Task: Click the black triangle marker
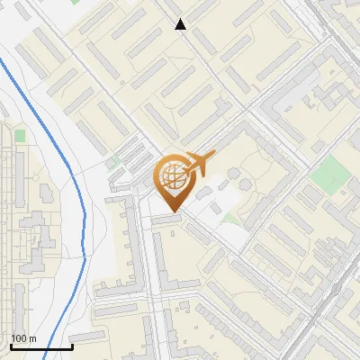181,24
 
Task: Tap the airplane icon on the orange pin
198,164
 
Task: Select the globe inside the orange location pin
171,178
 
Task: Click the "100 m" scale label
23,338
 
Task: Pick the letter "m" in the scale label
32,338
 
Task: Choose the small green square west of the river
19,136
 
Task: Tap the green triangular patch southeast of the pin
230,218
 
